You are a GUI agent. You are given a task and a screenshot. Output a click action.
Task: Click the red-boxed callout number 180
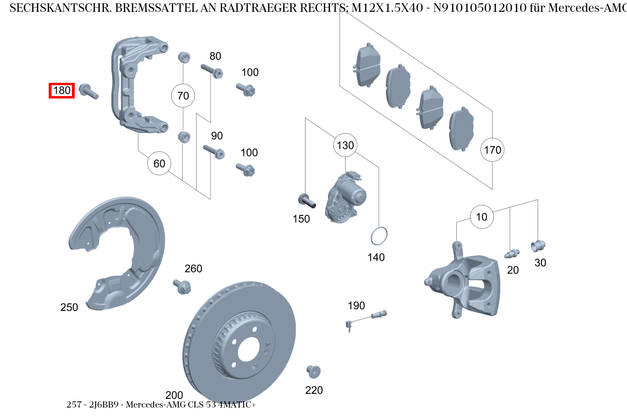(62, 90)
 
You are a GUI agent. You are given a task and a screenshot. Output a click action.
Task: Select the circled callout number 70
(183, 96)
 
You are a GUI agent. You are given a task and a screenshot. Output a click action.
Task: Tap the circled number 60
(159, 163)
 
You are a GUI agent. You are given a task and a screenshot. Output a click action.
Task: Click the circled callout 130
(345, 145)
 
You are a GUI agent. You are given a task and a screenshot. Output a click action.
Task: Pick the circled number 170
(492, 150)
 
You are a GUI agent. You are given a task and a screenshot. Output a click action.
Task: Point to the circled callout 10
(481, 217)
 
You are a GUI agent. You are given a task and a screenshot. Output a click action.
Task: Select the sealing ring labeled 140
(379, 236)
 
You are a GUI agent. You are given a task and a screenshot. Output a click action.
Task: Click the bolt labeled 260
(183, 286)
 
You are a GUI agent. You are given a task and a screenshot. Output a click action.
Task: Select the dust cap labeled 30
(538, 246)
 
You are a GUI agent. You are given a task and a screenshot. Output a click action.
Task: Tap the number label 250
(69, 307)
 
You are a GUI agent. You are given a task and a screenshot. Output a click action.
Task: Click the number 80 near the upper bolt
(215, 56)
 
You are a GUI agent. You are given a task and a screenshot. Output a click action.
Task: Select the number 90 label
(217, 136)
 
